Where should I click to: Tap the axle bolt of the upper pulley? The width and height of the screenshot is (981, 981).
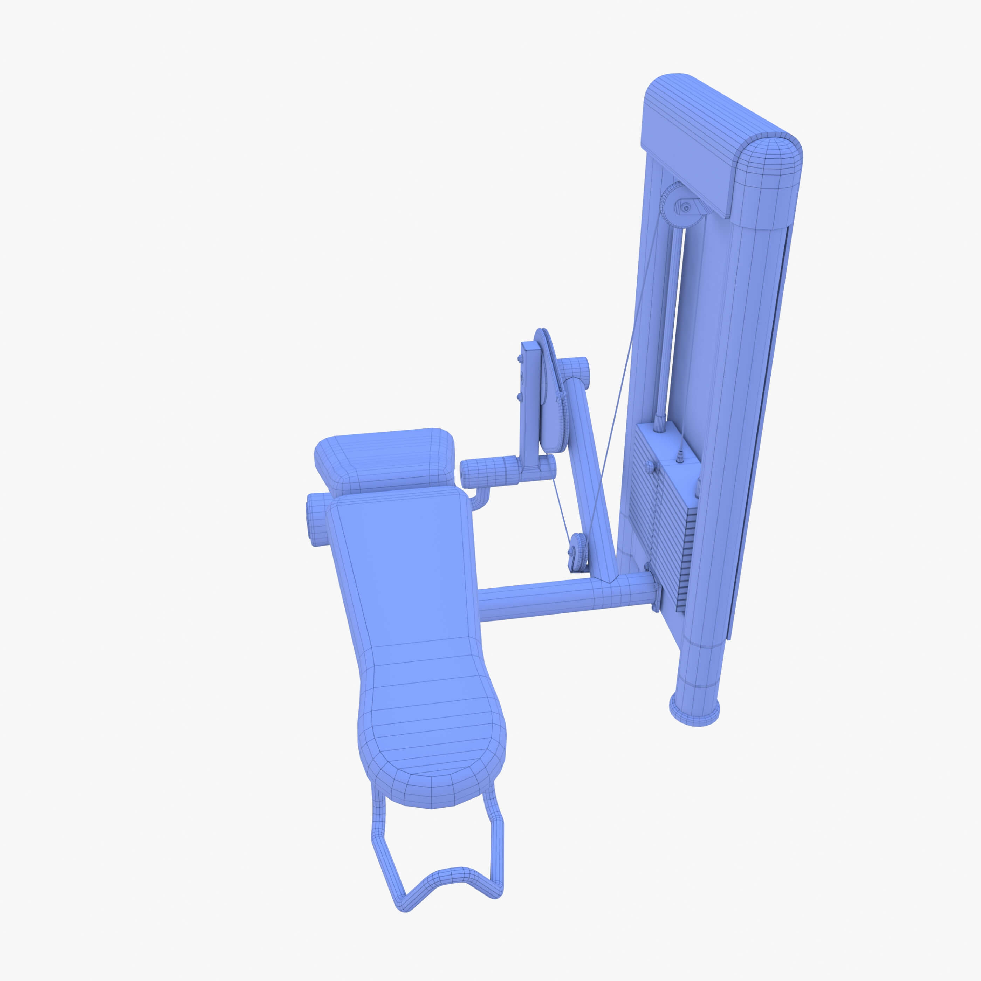point(686,207)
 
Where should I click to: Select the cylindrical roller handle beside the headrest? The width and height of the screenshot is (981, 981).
point(490,472)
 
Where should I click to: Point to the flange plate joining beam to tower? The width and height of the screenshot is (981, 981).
point(655,589)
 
